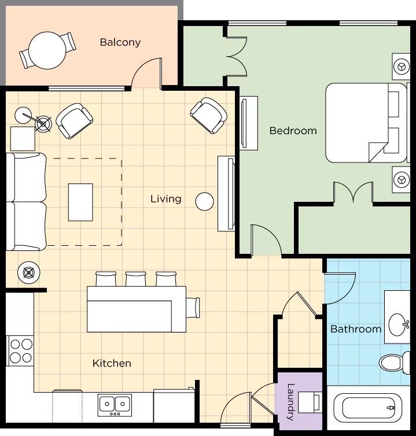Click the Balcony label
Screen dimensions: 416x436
120,42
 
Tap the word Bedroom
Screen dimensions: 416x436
293,131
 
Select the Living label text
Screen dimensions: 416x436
166,199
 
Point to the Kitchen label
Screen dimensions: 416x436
112,363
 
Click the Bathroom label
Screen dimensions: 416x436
356,329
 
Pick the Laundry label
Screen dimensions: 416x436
290,401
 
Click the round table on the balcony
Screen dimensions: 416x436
47,50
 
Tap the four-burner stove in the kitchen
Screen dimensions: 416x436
21,351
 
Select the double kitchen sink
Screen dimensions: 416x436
115,405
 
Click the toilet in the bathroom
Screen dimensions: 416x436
394,363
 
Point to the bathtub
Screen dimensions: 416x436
368,408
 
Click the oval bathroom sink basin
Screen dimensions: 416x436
397,324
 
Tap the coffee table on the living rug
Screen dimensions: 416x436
80,202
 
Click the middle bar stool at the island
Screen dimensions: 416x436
136,279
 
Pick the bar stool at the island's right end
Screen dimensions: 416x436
193,308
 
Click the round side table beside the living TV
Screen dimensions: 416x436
204,202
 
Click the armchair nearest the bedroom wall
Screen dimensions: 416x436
208,115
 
